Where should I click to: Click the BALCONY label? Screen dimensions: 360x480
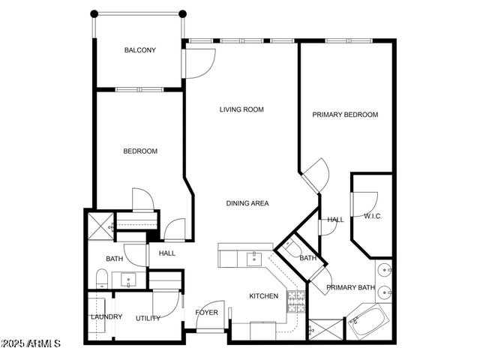pyautogui.click(x=140, y=50)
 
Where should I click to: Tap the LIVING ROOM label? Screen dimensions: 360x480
pyautogui.click(x=241, y=109)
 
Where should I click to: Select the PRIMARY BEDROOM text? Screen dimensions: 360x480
pyautogui.click(x=345, y=115)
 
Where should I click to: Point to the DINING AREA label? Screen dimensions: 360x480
pyautogui.click(x=247, y=203)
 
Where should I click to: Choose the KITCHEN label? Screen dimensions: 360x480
pyautogui.click(x=264, y=296)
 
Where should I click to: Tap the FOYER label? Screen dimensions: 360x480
pyautogui.click(x=207, y=312)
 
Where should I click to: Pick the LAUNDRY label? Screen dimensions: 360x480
pyautogui.click(x=106, y=317)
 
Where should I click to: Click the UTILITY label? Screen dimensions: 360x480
pyautogui.click(x=148, y=318)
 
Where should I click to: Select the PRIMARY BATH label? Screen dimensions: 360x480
pyautogui.click(x=350, y=287)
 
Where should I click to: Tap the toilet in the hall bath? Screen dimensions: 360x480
pyautogui.click(x=102, y=280)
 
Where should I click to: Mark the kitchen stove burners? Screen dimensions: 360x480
pyautogui.click(x=297, y=301)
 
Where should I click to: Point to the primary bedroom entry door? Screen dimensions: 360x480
pyautogui.click(x=316, y=175)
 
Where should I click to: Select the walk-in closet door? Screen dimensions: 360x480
pyautogui.click(x=364, y=204)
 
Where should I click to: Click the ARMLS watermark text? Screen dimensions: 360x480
pyautogui.click(x=31, y=343)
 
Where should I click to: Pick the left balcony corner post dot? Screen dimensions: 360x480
pyautogui.click(x=94, y=13)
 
